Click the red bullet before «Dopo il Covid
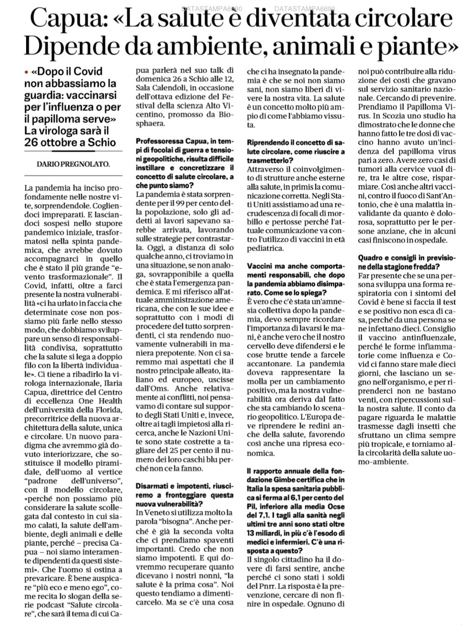coord(27,72)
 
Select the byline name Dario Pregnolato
coord(73,164)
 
